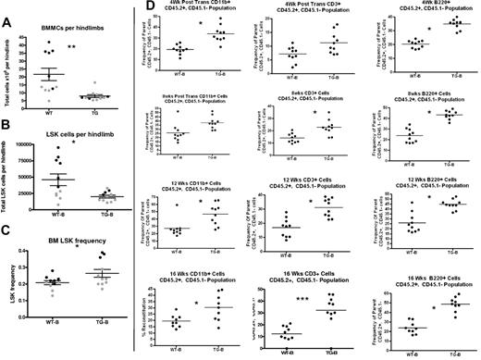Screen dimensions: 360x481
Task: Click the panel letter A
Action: (x=7, y=9)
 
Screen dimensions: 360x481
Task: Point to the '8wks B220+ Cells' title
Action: (x=427, y=97)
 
